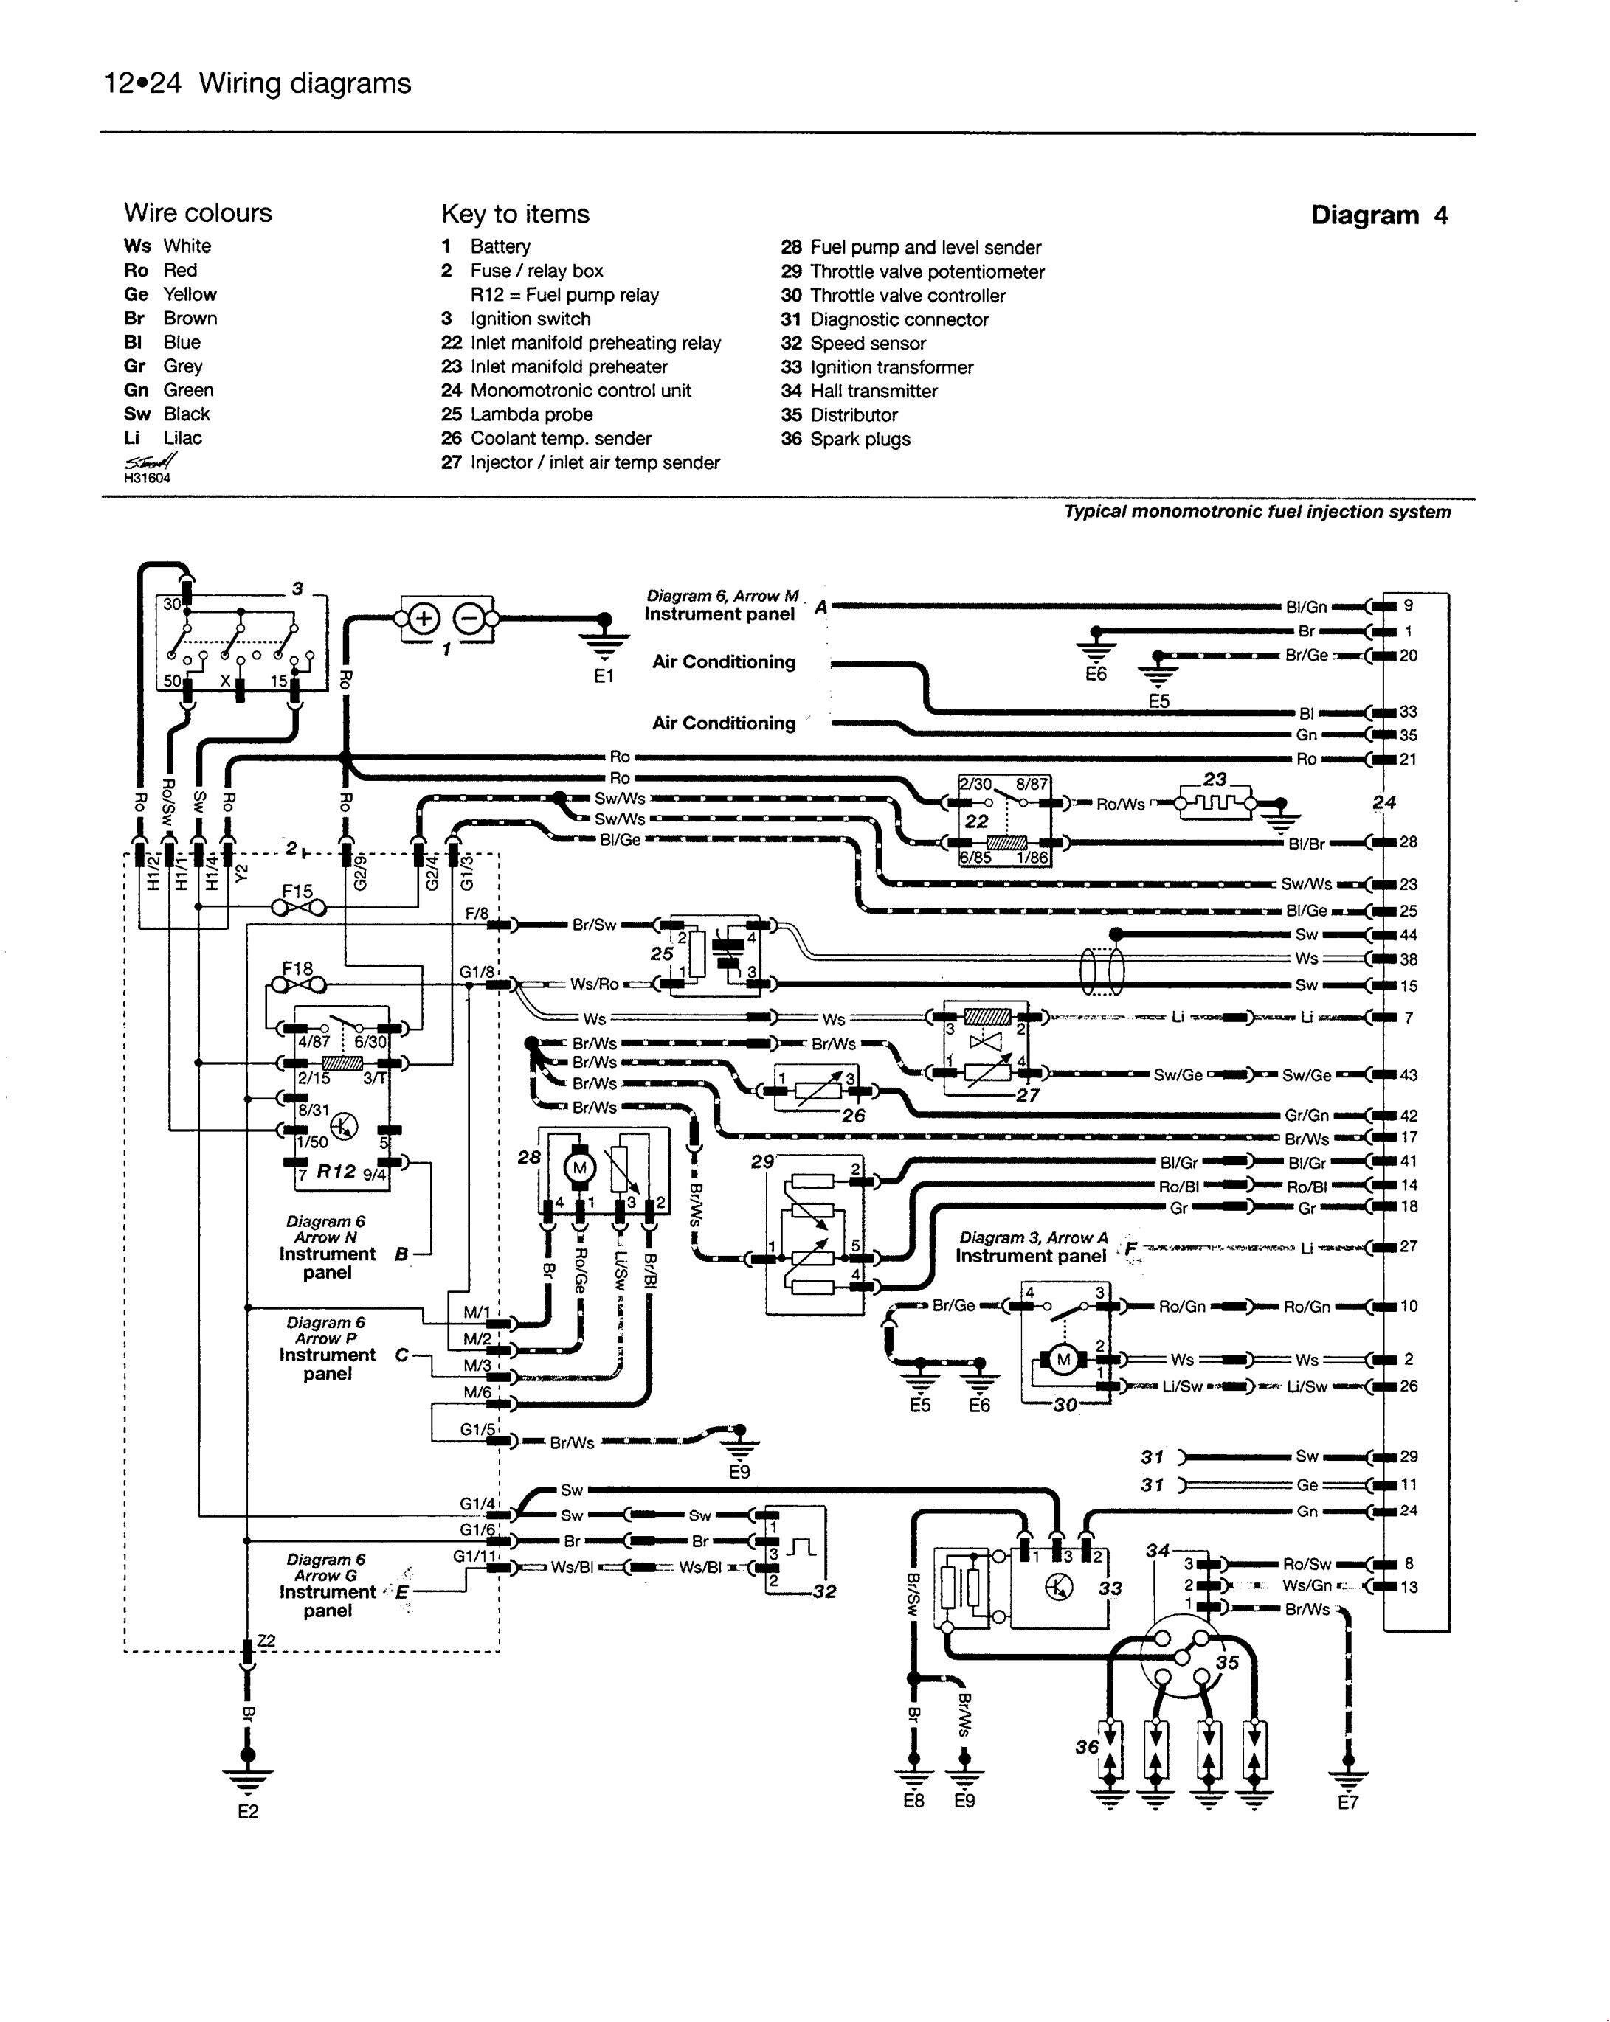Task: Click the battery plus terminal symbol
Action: pyautogui.click(x=424, y=619)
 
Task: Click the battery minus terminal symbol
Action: pyautogui.click(x=469, y=619)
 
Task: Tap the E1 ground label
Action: pyautogui.click(x=604, y=675)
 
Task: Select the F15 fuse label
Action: pyautogui.click(x=297, y=891)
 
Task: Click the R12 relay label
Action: pyautogui.click(x=336, y=1170)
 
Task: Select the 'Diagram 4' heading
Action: pyautogui.click(x=1378, y=216)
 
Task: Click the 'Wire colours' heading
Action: pyautogui.click(x=198, y=213)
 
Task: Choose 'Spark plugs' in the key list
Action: pyautogui.click(x=860, y=439)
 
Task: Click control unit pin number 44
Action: pyautogui.click(x=1409, y=935)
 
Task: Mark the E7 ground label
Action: pyautogui.click(x=1347, y=1802)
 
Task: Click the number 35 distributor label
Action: pyautogui.click(x=1227, y=1662)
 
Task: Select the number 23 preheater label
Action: pyautogui.click(x=1215, y=779)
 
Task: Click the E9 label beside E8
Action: pyautogui.click(x=964, y=1801)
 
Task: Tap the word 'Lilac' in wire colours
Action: pyautogui.click(x=182, y=438)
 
